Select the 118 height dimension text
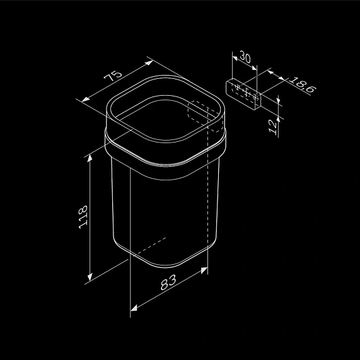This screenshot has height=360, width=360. point(83,217)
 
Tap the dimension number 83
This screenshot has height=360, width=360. point(168,282)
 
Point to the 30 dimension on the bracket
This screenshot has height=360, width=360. point(245,57)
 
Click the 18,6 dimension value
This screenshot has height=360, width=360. point(303,84)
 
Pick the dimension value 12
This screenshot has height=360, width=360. point(273,127)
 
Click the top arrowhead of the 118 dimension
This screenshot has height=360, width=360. point(90,158)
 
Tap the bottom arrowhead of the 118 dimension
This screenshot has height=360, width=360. point(90,277)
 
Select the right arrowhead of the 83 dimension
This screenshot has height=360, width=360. point(204,270)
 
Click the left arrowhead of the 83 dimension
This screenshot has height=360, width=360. point(134,308)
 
